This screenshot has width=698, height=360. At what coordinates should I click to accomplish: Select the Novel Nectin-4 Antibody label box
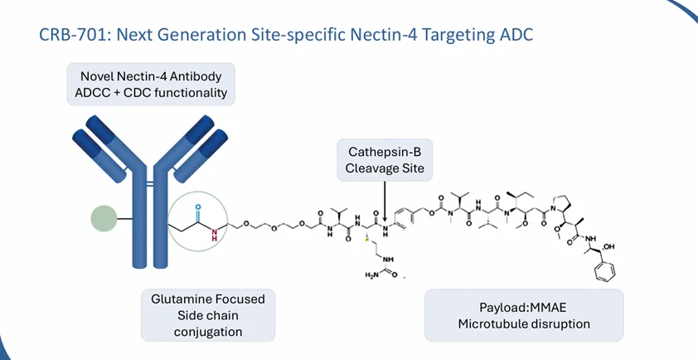tap(151, 85)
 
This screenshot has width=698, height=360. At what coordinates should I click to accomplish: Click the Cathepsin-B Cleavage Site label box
tap(385, 160)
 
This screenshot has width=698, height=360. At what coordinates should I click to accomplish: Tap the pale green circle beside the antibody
tap(104, 219)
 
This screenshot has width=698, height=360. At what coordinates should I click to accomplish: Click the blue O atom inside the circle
tap(198, 207)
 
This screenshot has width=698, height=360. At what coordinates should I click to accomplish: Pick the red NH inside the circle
tap(215, 233)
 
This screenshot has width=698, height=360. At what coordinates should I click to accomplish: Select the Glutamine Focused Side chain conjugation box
tap(208, 315)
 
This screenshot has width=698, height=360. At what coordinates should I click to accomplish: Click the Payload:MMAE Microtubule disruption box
tap(524, 315)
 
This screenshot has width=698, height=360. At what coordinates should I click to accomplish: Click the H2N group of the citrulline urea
tap(371, 275)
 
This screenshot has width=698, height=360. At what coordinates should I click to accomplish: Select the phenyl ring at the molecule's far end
tap(607, 271)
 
